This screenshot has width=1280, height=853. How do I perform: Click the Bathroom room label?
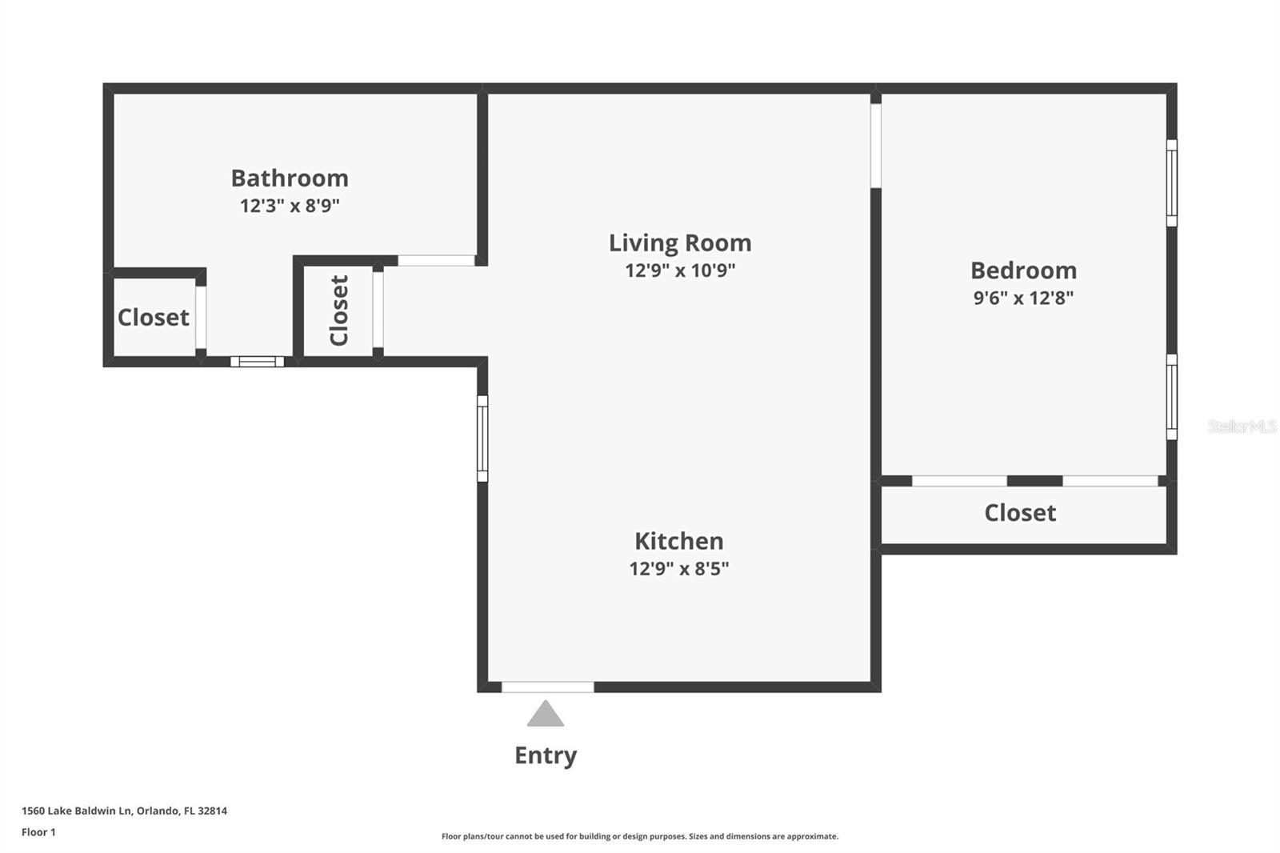(x=290, y=178)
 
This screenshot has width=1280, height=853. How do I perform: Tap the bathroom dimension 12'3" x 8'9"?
(x=290, y=206)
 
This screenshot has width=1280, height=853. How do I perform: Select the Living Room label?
(x=680, y=242)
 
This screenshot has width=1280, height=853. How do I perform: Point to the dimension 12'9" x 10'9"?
(x=680, y=270)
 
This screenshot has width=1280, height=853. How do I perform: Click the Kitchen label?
(x=678, y=541)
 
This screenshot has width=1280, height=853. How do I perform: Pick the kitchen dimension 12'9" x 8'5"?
(x=678, y=569)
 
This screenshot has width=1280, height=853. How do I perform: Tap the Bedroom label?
(x=1023, y=270)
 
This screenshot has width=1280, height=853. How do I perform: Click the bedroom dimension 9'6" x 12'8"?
(x=1023, y=298)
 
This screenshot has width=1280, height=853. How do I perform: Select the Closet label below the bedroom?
(x=1020, y=513)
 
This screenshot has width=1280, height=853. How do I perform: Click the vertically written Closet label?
(x=339, y=310)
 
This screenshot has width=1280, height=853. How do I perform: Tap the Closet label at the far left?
(x=153, y=318)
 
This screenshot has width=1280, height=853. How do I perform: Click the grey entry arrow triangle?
(x=546, y=715)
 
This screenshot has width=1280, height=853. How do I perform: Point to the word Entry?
(x=546, y=755)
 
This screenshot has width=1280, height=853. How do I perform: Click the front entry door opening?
(x=548, y=687)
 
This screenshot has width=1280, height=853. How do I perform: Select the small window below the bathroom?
(x=257, y=362)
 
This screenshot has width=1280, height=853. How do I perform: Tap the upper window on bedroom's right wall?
(x=1171, y=183)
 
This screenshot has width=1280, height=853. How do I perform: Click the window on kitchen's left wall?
(x=482, y=439)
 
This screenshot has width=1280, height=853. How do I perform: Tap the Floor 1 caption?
(x=38, y=832)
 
